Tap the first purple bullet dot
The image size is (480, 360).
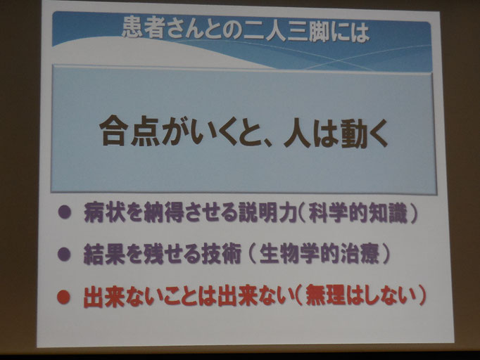click(64, 212)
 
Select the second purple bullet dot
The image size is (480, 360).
click(64, 254)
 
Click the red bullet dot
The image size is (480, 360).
click(64, 295)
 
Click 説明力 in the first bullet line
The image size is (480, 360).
click(268, 212)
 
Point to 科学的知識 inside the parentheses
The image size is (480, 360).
click(358, 213)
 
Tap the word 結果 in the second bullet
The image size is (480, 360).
click(103, 254)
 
